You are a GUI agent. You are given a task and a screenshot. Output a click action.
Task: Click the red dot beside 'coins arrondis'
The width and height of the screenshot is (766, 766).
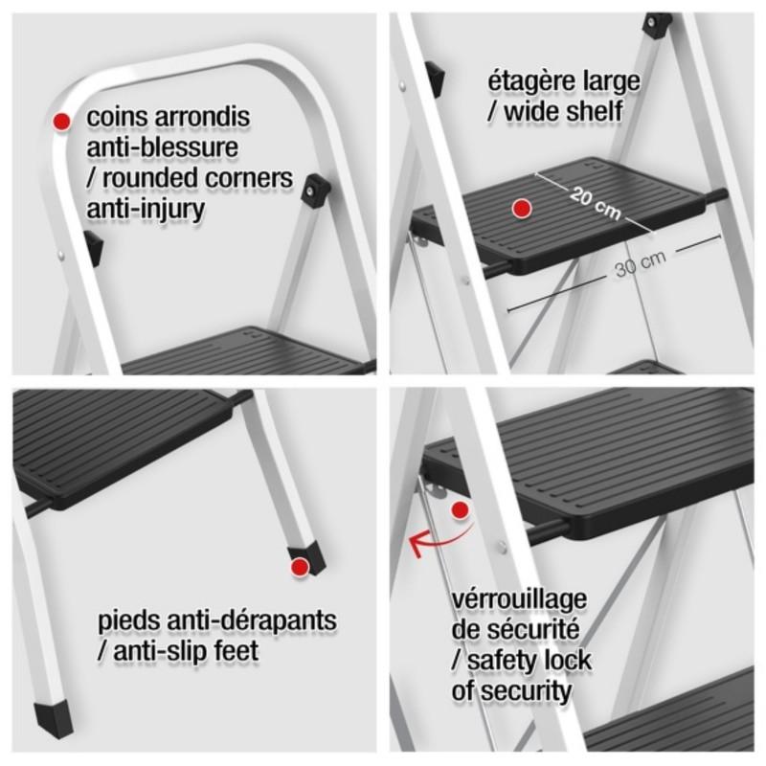pyautogui.click(x=61, y=122)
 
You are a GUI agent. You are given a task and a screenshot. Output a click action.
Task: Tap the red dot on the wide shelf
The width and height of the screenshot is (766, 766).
pyautogui.click(x=522, y=209)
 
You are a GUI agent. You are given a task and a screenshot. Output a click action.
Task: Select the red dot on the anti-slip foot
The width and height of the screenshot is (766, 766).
pyautogui.click(x=300, y=568)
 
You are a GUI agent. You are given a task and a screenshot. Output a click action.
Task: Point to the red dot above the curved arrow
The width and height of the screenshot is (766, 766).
pyautogui.click(x=460, y=510)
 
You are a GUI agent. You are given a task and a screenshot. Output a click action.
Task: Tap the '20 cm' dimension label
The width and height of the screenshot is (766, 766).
pyautogui.click(x=596, y=203)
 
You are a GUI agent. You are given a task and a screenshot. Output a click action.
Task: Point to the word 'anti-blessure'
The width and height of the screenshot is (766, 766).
pyautogui.click(x=162, y=147)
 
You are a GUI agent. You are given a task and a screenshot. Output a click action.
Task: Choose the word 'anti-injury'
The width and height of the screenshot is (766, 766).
pyautogui.click(x=146, y=209)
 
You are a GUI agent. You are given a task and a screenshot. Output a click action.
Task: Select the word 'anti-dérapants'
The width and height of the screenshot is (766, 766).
pyautogui.click(x=252, y=620)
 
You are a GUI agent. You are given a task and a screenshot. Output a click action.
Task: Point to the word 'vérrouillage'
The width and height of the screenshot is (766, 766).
pyautogui.click(x=519, y=599)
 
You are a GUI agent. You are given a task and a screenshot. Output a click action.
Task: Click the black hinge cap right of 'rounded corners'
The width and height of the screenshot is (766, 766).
pyautogui.click(x=316, y=189)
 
